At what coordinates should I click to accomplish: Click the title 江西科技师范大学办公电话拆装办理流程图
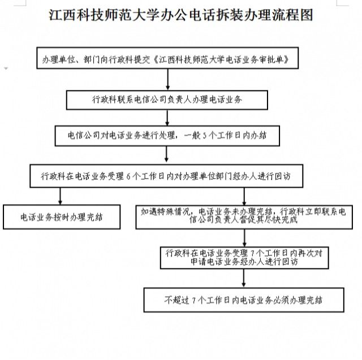(x=181, y=15)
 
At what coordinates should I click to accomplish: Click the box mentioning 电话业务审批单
(x=167, y=58)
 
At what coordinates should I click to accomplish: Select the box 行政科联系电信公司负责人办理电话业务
(x=167, y=100)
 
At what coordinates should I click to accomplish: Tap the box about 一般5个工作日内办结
(x=167, y=136)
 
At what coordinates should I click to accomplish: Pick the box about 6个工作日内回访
(x=166, y=176)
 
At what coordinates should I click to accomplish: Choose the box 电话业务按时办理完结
(x=62, y=217)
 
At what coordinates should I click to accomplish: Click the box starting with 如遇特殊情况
(x=244, y=217)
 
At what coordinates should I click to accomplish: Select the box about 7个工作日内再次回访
(x=244, y=258)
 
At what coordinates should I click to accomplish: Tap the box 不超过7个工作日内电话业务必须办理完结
(x=244, y=300)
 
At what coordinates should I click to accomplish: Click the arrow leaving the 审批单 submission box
(x=168, y=79)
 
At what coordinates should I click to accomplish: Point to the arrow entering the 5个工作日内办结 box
(x=167, y=118)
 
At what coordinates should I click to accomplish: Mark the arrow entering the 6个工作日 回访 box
(x=166, y=154)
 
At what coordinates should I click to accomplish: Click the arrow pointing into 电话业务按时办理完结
(x=61, y=196)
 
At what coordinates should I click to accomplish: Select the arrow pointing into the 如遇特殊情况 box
(x=244, y=196)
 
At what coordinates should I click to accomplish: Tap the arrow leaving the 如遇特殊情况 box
(x=244, y=238)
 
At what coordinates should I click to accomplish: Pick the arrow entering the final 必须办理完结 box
(x=244, y=278)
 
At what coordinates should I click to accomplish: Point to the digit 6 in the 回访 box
(x=128, y=176)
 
